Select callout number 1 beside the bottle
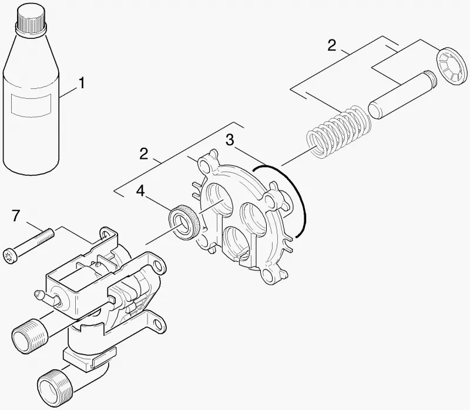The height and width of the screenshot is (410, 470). tap(81, 83)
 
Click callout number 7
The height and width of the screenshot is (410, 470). tap(16, 215)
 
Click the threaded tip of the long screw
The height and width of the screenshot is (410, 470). tap(48, 234)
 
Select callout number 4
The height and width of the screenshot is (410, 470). tap(140, 191)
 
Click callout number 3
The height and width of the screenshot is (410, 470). tap(230, 140)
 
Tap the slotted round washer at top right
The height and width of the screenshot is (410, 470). tap(452, 65)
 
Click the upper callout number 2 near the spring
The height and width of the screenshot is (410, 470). tap(332, 46)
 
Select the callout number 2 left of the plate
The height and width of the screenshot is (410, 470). tap(144, 154)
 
